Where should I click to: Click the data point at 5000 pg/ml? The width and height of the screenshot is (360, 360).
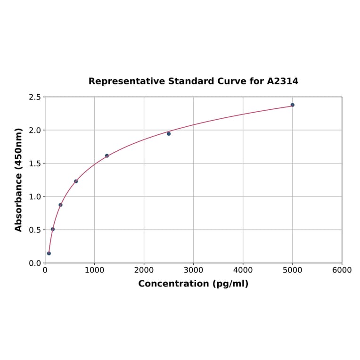[292, 105]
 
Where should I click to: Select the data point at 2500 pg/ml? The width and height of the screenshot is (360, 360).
[169, 134]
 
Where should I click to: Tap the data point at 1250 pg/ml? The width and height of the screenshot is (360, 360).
[107, 156]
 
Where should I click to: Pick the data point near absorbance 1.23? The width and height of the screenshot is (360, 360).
[76, 181]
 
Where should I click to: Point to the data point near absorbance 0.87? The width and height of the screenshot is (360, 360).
[60, 205]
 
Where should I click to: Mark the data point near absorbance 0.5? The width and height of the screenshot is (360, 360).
[53, 229]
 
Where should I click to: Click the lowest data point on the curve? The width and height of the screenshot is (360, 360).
[49, 254]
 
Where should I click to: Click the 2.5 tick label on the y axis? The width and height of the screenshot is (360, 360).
[35, 98]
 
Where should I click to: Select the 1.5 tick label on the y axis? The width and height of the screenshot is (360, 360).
[35, 164]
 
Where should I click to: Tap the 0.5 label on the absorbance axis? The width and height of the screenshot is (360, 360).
[35, 230]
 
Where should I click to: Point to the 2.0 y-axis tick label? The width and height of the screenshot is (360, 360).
[35, 131]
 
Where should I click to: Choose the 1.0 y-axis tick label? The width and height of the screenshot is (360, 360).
[35, 197]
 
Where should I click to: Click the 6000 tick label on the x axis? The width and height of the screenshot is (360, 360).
[342, 270]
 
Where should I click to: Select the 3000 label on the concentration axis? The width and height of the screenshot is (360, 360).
[193, 270]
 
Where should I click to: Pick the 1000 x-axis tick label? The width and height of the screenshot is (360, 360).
[94, 270]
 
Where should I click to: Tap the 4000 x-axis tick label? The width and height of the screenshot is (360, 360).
[243, 270]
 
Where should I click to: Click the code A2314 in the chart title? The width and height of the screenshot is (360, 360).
[282, 82]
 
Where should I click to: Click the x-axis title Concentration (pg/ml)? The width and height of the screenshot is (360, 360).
[193, 284]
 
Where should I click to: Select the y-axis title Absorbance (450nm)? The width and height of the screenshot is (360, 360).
[19, 180]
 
